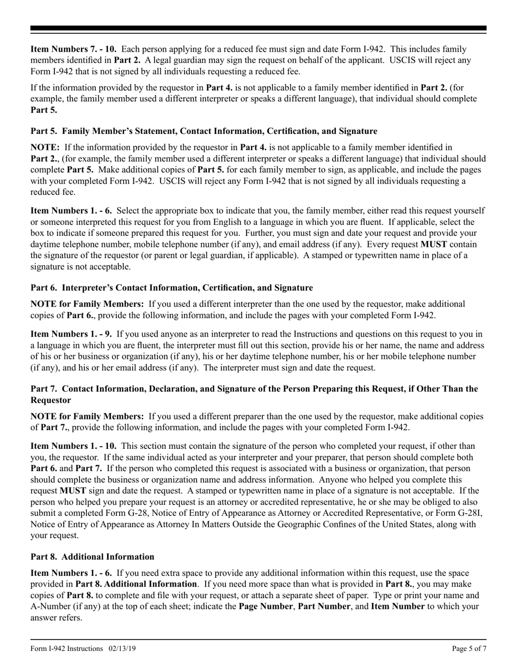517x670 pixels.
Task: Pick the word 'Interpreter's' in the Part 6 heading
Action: [87, 288]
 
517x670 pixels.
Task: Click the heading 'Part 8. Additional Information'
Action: [92, 557]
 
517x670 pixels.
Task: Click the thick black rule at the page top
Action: [258, 28]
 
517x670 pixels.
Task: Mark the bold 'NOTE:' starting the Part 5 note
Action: [46, 148]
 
